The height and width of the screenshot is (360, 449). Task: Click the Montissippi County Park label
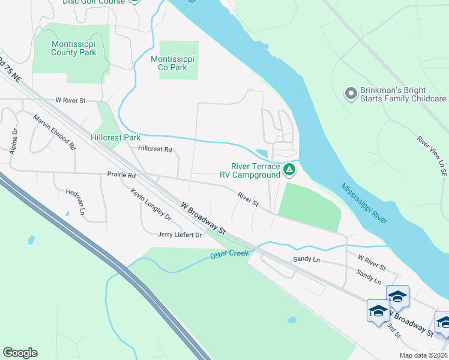[x=73, y=49]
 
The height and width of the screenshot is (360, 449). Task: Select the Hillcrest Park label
[x=115, y=137]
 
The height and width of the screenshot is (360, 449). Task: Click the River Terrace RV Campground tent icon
[x=289, y=170]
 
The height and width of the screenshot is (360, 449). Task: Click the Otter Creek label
[x=229, y=254]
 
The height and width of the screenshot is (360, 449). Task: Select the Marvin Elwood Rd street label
[x=54, y=132]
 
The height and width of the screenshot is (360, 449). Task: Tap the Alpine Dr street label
[x=14, y=141]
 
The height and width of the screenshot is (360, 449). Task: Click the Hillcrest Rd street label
[x=155, y=149]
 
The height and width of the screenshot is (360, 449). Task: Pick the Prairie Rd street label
[x=122, y=175]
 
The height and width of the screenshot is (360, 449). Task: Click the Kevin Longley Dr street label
[x=151, y=205]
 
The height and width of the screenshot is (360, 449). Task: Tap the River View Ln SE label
[x=432, y=155]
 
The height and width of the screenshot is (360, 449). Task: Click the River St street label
[x=247, y=200]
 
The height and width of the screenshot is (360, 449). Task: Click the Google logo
[x=20, y=353]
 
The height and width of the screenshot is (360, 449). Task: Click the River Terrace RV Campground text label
[x=256, y=171]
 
